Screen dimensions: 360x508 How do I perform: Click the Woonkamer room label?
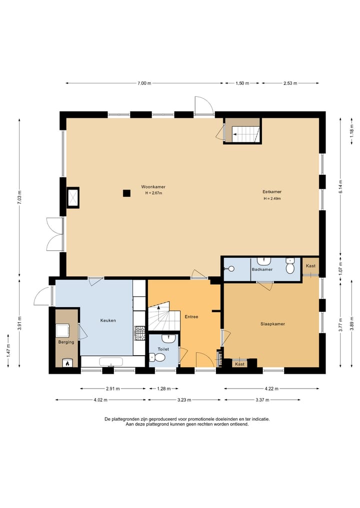153,187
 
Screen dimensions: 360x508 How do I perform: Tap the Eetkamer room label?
272,192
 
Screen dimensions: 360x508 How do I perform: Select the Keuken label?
108,320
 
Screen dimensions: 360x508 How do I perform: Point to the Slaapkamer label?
272,324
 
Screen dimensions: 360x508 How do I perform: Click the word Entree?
191,317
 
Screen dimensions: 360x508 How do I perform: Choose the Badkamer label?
262,269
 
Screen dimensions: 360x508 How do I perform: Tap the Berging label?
66,342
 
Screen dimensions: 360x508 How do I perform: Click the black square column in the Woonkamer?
126,193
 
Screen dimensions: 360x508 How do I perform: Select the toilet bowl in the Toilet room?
158,358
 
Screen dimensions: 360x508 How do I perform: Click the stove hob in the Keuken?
140,333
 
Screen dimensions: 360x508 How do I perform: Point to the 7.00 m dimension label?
144,83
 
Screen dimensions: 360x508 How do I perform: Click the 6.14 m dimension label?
340,187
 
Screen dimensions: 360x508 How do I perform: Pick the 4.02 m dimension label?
100,400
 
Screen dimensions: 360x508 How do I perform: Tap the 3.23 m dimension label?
184,400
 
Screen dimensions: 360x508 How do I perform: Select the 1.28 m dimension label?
164,389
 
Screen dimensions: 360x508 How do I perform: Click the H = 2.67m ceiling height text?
153,193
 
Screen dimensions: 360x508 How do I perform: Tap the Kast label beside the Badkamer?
310,266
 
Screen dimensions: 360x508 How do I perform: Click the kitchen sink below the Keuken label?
111,362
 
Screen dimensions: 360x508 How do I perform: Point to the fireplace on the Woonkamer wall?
73,197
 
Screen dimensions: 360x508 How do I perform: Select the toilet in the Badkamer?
289,266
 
